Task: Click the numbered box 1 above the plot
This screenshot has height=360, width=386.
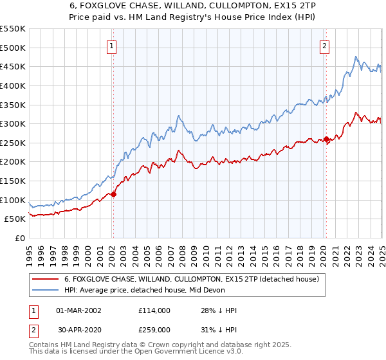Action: tap(113, 46)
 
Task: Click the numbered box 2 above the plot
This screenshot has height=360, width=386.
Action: tap(325, 46)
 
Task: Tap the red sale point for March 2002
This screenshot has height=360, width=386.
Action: tap(113, 194)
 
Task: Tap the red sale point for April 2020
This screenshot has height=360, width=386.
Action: tap(326, 139)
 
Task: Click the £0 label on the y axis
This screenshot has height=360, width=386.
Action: tap(20, 238)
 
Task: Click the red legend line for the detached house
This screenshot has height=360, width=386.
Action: tap(45, 280)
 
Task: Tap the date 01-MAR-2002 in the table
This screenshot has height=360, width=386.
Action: tap(79, 310)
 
